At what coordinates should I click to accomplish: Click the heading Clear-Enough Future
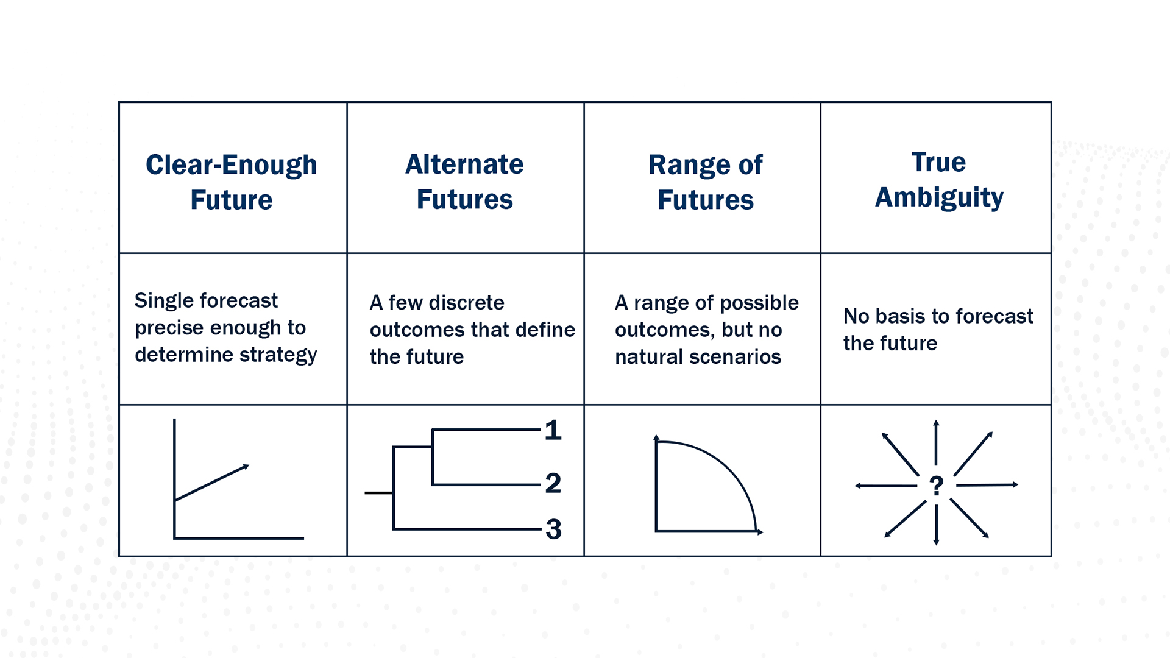coord(232,182)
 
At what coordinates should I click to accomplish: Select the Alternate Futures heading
coord(464,182)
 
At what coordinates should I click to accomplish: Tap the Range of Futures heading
coord(705,182)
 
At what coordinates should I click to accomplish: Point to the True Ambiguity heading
coord(939,180)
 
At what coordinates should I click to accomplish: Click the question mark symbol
coord(937,486)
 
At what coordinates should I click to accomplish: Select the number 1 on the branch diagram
coord(553,430)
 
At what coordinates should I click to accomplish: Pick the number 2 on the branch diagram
coord(553,483)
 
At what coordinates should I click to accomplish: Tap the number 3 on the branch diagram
coord(553,529)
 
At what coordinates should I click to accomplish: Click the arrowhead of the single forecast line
coord(246,467)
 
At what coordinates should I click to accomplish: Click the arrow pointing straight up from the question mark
coord(936,443)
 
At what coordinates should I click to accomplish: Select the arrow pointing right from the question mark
coord(987,485)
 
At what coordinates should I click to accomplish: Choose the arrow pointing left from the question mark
coord(885,486)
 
